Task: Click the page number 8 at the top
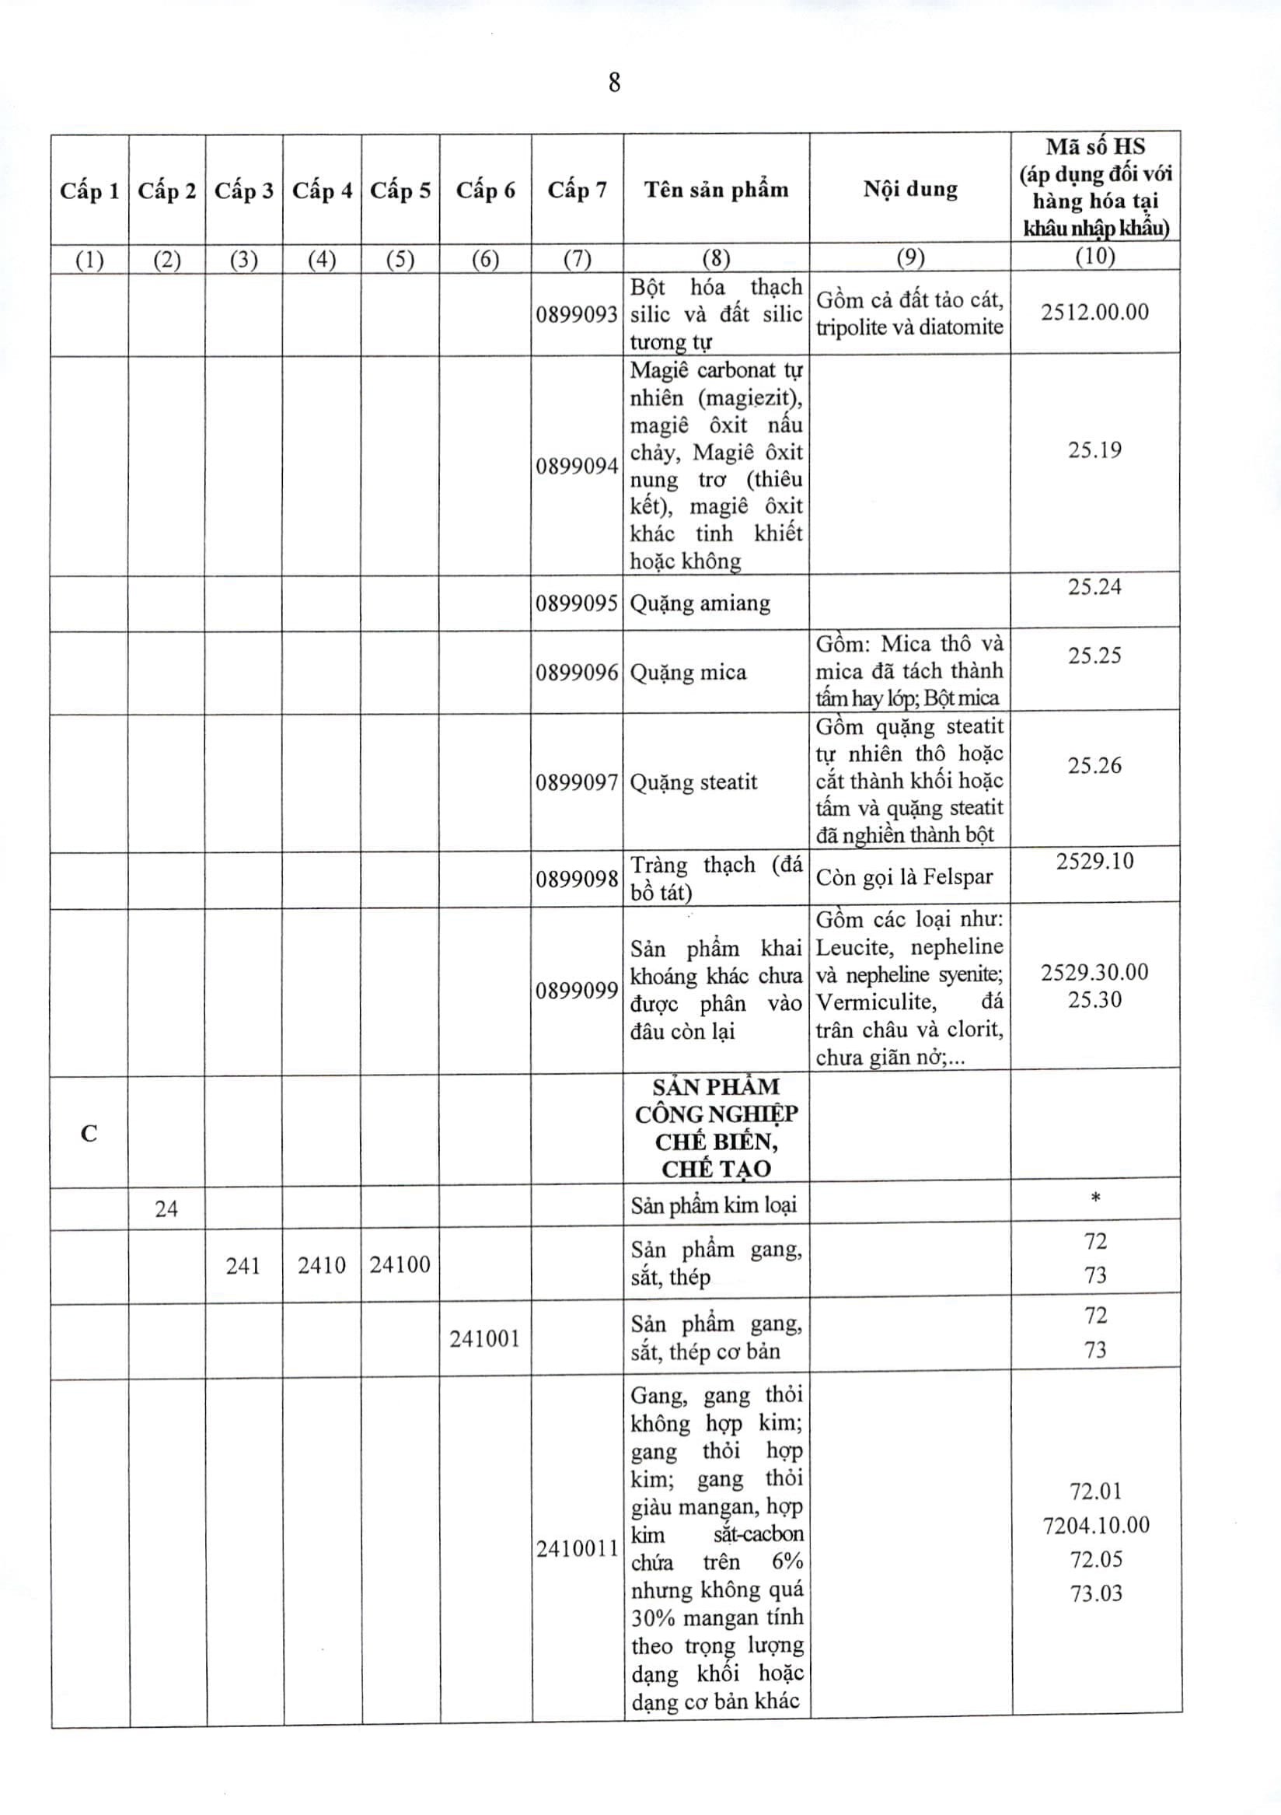pyautogui.click(x=614, y=83)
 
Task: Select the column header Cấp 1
pyautogui.click(x=89, y=191)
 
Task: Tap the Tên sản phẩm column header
pyautogui.click(x=716, y=190)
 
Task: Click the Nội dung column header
pyautogui.click(x=909, y=190)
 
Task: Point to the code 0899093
pyautogui.click(x=577, y=315)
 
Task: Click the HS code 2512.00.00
pyautogui.click(x=1094, y=312)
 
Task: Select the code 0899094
pyautogui.click(x=577, y=467)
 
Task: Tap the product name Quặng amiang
pyautogui.click(x=700, y=604)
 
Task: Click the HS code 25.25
pyautogui.click(x=1094, y=656)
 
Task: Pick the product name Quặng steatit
pyautogui.click(x=693, y=782)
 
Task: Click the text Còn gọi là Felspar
pyautogui.click(x=904, y=876)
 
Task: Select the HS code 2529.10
pyautogui.click(x=1094, y=861)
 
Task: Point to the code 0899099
pyautogui.click(x=577, y=991)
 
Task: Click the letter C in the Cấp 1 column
pyautogui.click(x=89, y=1134)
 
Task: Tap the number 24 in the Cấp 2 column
pyautogui.click(x=166, y=1208)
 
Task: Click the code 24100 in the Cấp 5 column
pyautogui.click(x=400, y=1264)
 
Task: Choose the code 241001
pyautogui.click(x=484, y=1338)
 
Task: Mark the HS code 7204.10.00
pyautogui.click(x=1095, y=1525)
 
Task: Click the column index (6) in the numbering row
pyautogui.click(x=484, y=259)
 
